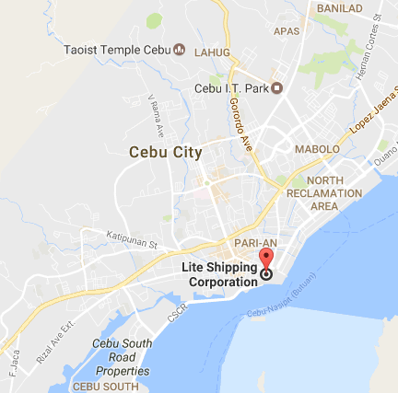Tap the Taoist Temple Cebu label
pyautogui.click(x=116, y=50)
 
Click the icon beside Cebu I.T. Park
pyautogui.click(x=276, y=88)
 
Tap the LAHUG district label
pyautogui.click(x=213, y=52)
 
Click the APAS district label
pyautogui.click(x=288, y=31)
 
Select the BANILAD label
pyautogui.click(x=339, y=7)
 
